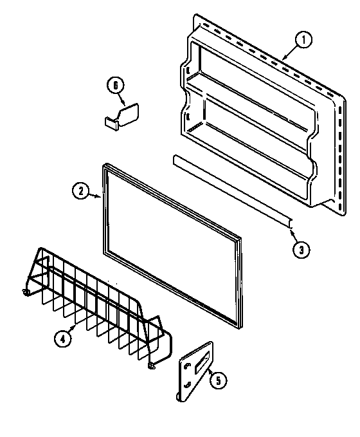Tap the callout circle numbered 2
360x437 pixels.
point(80,190)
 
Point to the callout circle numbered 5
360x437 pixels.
point(219,381)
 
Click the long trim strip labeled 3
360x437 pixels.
point(231,190)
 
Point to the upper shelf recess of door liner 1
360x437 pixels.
point(251,71)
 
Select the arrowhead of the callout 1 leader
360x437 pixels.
point(282,59)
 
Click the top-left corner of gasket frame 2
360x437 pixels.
point(104,167)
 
